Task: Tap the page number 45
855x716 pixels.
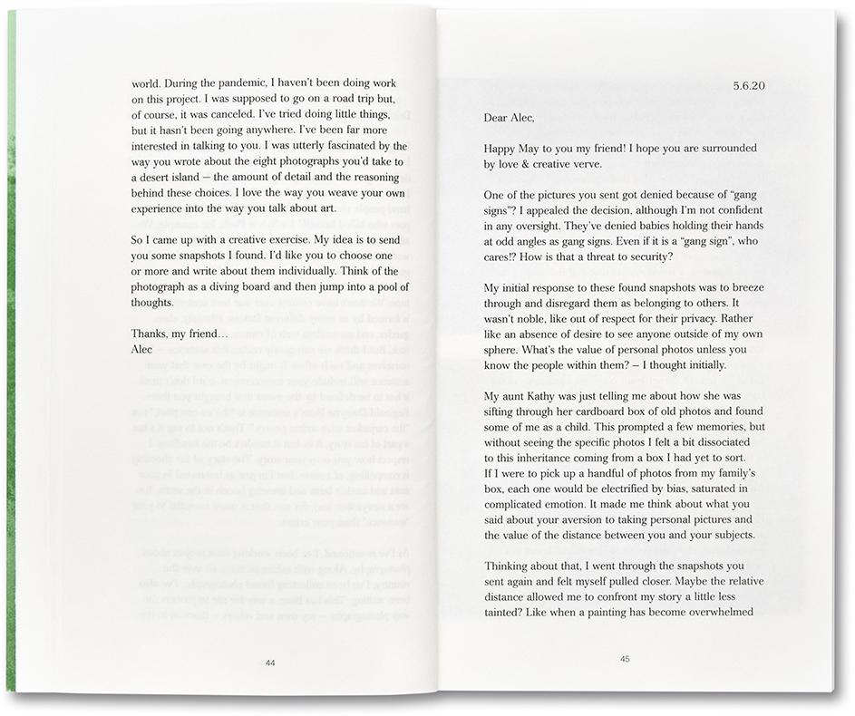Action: pos(625,659)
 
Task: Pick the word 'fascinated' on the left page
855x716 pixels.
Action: pos(344,143)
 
